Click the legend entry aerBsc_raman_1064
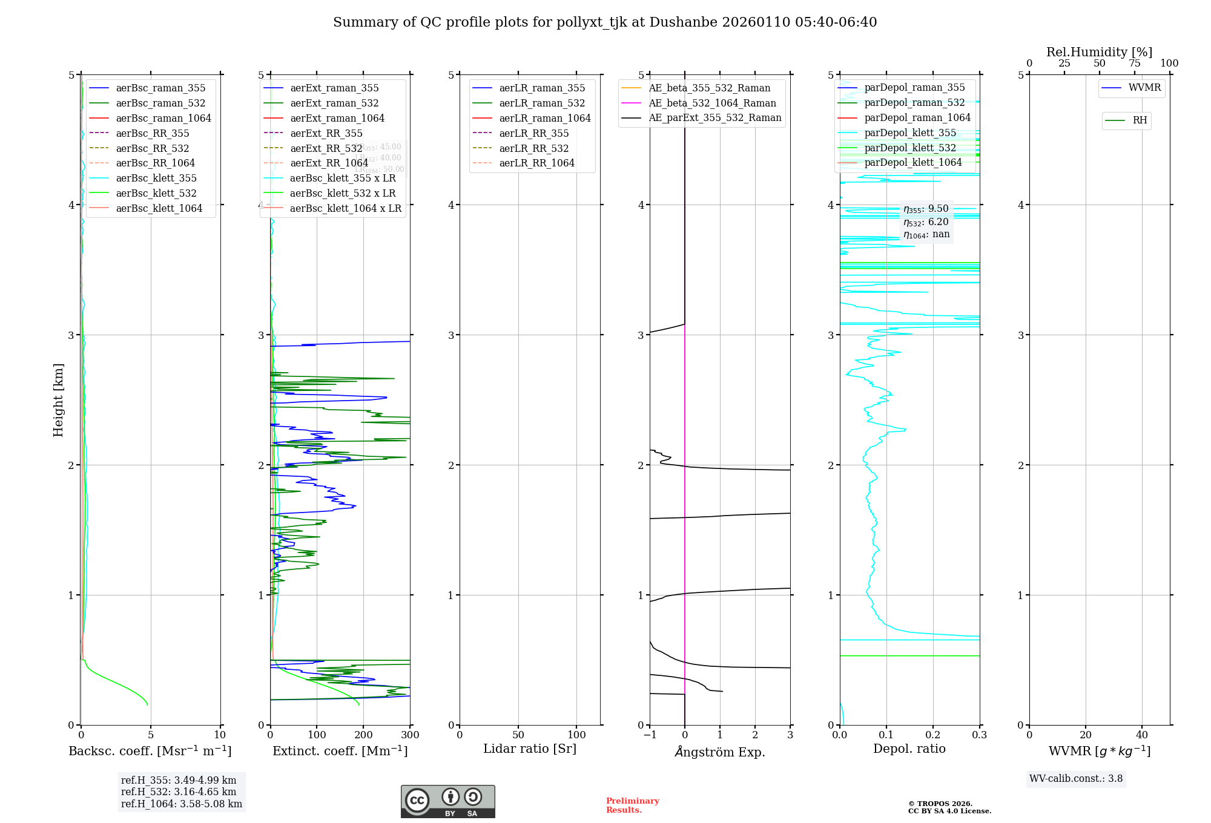pos(163,118)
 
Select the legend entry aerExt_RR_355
pos(326,133)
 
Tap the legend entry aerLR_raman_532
pos(542,103)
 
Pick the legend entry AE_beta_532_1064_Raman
pos(712,103)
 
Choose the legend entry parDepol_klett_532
pos(909,148)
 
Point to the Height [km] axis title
pos(58,399)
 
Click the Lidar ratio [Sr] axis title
pos(530,749)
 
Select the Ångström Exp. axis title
pos(720,752)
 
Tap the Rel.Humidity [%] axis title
pos(1099,52)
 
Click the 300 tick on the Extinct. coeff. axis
pos(410,735)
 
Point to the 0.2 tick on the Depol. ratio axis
pos(933,735)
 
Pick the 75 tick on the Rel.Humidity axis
pos(1135,64)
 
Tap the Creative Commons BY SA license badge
pos(447,801)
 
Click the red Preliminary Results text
pos(632,805)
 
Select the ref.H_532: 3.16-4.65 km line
pos(179,792)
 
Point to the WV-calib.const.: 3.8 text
pos(1076,778)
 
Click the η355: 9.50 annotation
pos(926,209)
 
